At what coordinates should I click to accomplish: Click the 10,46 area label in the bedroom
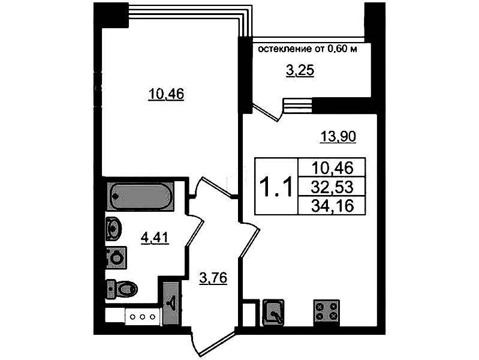pos(166,94)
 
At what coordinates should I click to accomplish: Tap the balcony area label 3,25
pos(300,71)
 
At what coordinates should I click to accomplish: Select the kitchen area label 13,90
pos(338,136)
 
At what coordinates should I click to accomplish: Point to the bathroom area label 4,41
pos(155,238)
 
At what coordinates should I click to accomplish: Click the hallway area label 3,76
pos(213,278)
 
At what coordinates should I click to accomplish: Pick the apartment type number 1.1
pos(276,187)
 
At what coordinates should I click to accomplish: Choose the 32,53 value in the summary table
pos(332,187)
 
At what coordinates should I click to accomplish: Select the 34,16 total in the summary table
pos(332,206)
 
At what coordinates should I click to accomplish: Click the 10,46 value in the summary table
pos(332,168)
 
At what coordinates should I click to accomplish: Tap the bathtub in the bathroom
pos(140,196)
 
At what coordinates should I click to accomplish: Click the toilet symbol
pos(122,289)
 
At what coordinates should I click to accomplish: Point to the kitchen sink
pos(273,313)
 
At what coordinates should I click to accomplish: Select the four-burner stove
pos(326,312)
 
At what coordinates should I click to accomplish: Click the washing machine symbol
pos(116,257)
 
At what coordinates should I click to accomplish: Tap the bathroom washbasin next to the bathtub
pos(113,228)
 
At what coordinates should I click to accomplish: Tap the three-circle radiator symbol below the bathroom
pos(142,317)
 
